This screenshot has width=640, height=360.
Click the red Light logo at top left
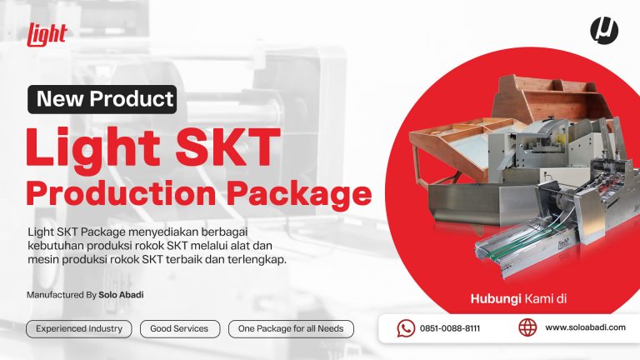click(47, 34)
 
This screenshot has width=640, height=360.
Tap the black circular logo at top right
click(604, 30)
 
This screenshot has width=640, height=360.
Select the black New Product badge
click(102, 99)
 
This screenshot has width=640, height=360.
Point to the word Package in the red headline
click(299, 193)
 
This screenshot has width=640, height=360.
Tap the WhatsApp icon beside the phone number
click(406, 328)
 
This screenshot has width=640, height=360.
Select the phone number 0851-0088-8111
click(450, 328)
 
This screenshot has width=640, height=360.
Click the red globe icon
click(527, 327)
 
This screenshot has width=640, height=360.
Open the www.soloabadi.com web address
click(585, 327)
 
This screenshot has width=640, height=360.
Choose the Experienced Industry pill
click(79, 329)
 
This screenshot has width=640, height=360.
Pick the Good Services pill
click(180, 329)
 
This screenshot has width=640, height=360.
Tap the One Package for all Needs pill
click(291, 329)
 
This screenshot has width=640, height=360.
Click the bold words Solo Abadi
click(121, 295)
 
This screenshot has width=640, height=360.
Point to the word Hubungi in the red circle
click(495, 299)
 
